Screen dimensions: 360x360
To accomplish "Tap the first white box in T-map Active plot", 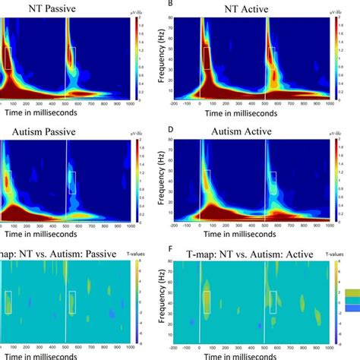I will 206,302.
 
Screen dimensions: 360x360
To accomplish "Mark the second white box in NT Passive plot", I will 72,58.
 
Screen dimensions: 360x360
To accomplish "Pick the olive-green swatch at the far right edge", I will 352,292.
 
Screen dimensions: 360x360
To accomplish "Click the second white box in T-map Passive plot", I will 72,302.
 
